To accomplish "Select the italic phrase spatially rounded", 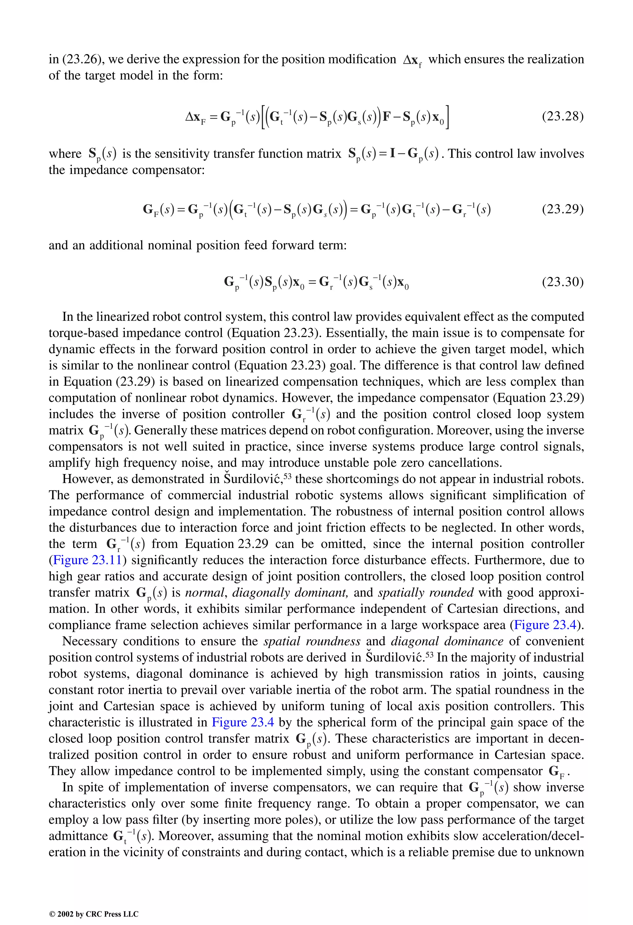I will tap(426, 593).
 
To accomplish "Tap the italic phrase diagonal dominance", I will tap(447, 641).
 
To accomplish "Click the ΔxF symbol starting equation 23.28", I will tap(195, 117).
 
